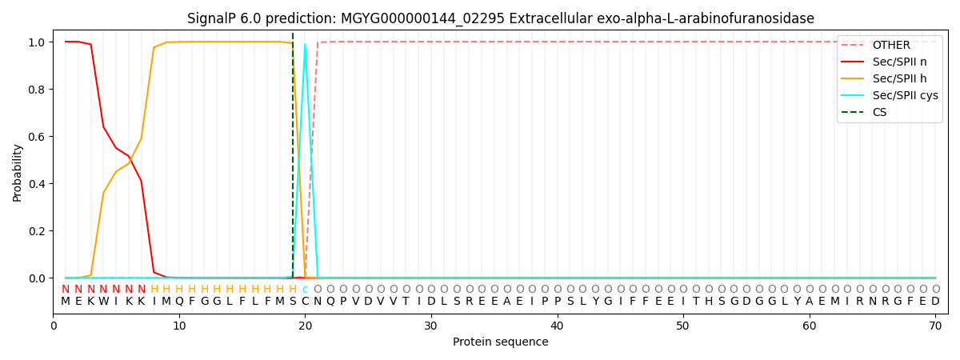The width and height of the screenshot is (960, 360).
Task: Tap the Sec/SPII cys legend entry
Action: pos(890,95)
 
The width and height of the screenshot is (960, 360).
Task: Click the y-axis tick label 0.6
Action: pos(38,137)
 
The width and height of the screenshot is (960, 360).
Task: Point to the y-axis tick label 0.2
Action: pos(38,231)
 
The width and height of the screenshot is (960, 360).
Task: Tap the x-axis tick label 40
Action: pos(557,326)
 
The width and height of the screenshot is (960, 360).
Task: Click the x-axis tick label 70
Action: pos(935,326)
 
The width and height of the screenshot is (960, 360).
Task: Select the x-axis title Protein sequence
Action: pos(501,342)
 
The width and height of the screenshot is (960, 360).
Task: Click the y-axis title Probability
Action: pos(17,173)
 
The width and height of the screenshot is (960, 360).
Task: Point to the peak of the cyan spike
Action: pos(305,44)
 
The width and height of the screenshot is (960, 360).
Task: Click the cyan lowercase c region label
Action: pos(305,290)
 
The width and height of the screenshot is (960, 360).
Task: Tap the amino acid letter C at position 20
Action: pos(305,302)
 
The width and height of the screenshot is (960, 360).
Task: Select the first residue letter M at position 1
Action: pos(66,302)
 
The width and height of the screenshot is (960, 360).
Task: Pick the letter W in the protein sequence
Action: pos(103,302)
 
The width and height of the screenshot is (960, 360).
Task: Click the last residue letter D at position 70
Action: pos(935,302)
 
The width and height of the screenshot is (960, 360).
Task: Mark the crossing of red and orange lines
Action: pos(130,159)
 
